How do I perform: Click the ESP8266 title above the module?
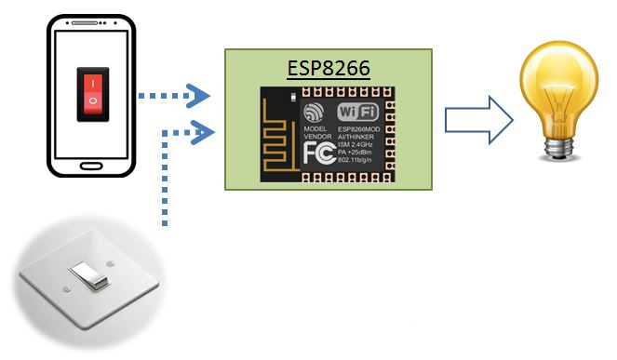tap(329, 69)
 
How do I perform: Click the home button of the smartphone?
tap(90, 167)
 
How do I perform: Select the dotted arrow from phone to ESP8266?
tap(173, 94)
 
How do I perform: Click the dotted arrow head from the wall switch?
tap(198, 131)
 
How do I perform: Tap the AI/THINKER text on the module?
tap(361, 138)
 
